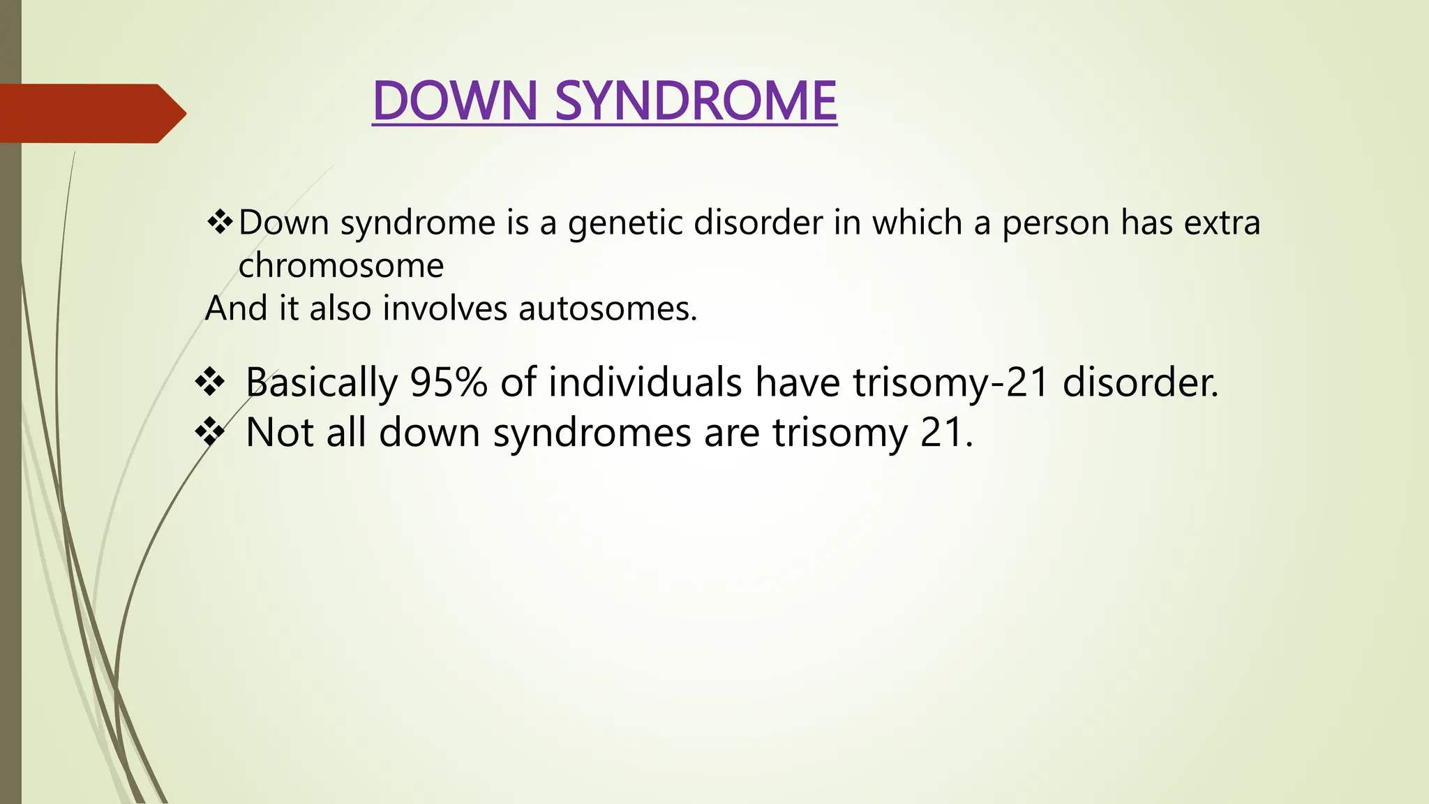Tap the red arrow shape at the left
[91, 113]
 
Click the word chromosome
[341, 266]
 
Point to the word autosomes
[607, 308]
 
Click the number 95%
[448, 382]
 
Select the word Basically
[321, 382]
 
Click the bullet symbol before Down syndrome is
[220, 223]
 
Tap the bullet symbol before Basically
[210, 382]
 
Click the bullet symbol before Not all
[210, 432]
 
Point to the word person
[1055, 223]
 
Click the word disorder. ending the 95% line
[1140, 382]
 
